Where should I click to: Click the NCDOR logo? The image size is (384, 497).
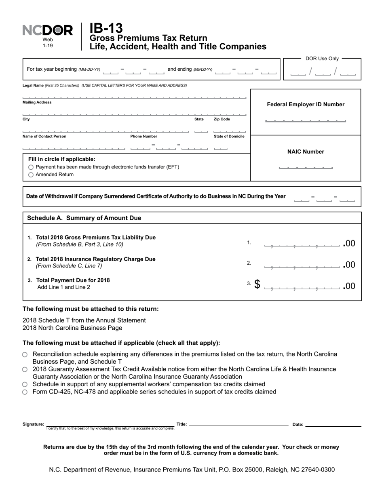48,31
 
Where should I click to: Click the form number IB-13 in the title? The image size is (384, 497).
106,28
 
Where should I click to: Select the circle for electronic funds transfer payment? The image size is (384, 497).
31,167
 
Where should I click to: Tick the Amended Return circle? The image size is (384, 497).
31,175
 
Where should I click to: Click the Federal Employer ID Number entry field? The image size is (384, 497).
305,120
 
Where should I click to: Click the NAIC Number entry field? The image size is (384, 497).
306,167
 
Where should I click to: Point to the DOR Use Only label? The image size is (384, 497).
322,59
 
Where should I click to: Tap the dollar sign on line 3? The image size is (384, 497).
257,284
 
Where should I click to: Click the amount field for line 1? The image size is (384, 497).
302,244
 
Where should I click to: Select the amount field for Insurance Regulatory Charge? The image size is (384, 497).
302,265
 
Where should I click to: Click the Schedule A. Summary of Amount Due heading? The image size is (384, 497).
84,218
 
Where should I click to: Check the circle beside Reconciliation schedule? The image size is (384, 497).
25,354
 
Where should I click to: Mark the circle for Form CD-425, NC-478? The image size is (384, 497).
25,392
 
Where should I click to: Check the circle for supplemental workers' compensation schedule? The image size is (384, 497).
25,384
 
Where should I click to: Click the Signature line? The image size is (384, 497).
110,425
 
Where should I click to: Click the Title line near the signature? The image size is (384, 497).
238,425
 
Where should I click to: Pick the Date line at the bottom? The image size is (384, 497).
333,425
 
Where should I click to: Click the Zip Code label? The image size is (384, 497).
222,120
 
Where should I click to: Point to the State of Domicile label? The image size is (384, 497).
229,137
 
